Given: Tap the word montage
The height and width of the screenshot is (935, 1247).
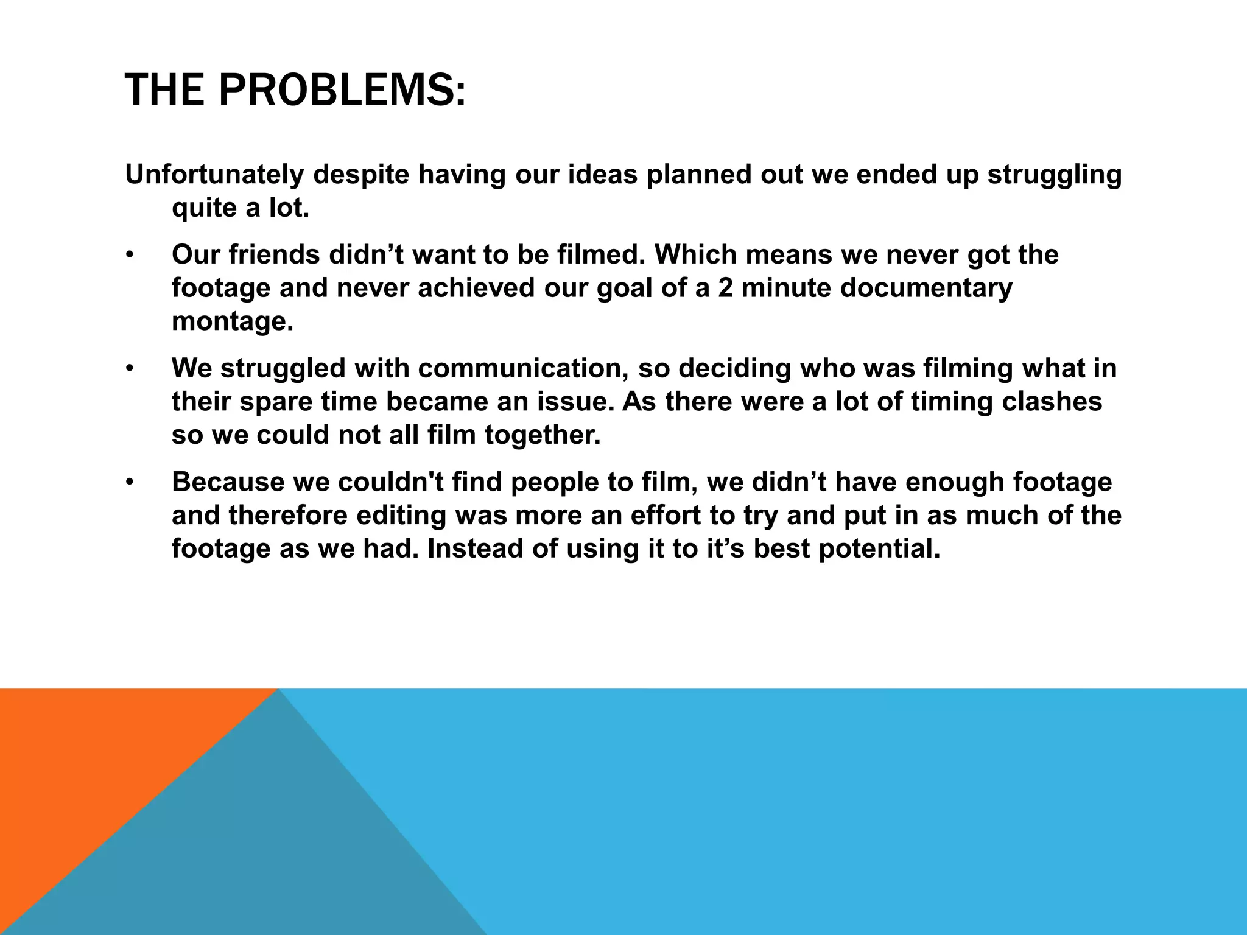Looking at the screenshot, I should point(233,321).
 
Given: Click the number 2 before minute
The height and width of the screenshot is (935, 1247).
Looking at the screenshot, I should point(725,288).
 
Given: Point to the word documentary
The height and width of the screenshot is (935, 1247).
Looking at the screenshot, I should point(926,288).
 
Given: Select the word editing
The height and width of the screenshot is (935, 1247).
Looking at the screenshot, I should point(401,516).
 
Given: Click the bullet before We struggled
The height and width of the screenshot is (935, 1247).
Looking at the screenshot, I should point(129,369).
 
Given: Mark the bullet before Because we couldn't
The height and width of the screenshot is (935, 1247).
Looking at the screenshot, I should point(129,483).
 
